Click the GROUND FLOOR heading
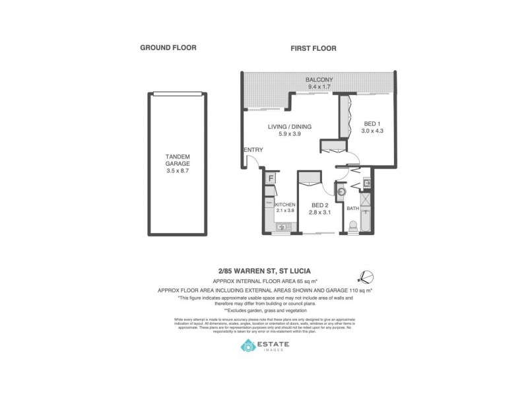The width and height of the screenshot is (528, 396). click(x=168, y=48)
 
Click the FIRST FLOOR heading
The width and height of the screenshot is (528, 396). click(x=314, y=48)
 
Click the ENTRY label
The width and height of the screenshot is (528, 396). click(x=253, y=150)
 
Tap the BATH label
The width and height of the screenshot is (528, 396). click(x=352, y=209)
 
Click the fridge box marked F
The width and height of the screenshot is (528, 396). click(x=271, y=178)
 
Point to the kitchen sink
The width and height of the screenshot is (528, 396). click(x=282, y=228)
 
